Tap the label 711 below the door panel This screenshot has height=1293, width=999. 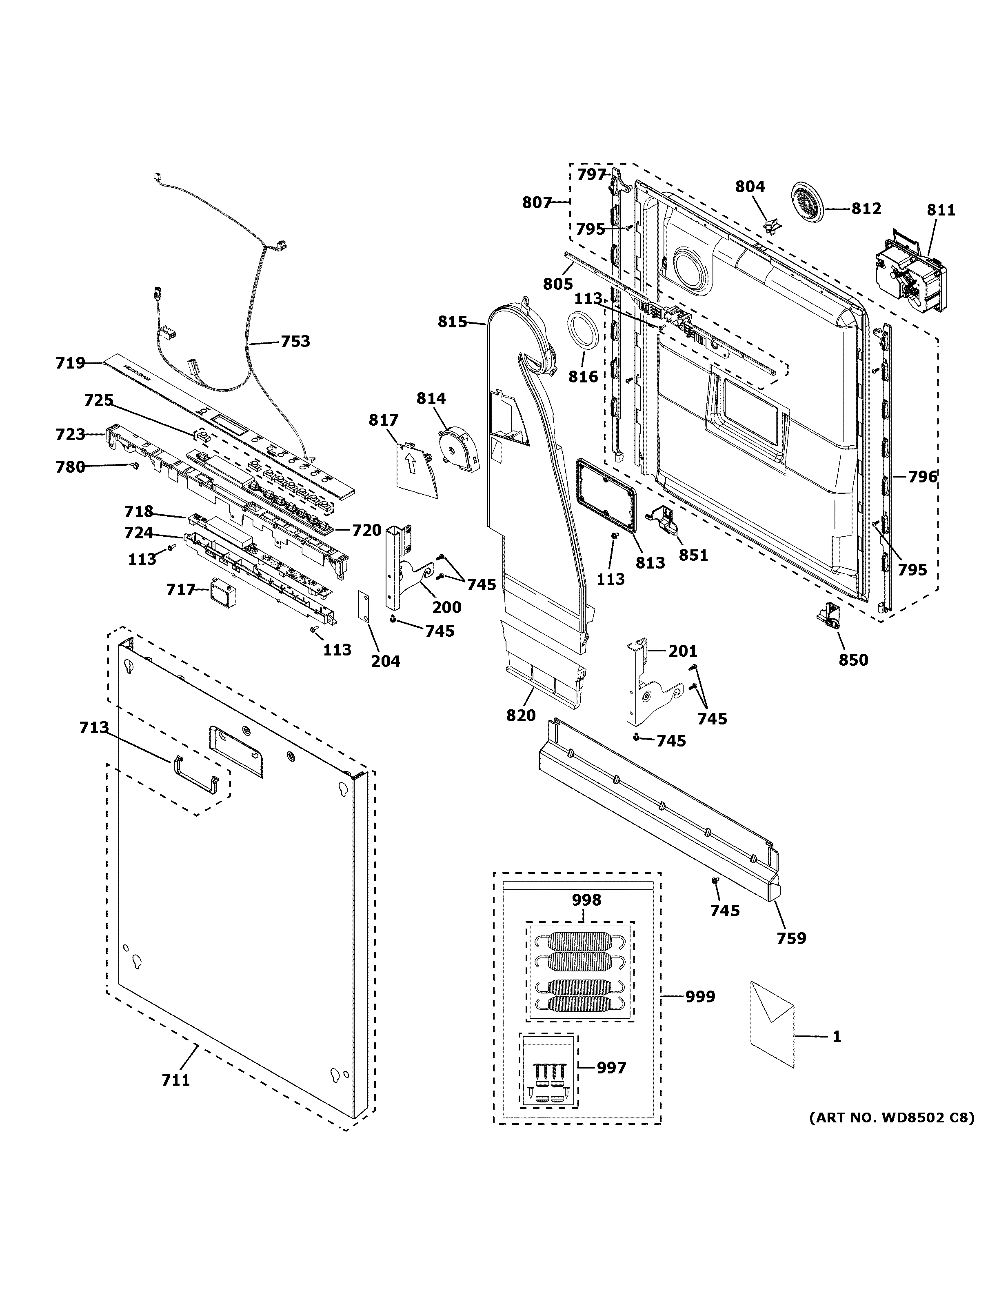point(176,1080)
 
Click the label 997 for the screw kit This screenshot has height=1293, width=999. point(611,1068)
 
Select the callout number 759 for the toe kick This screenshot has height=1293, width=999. point(791,938)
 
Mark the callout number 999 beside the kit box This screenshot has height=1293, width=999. point(700,997)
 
